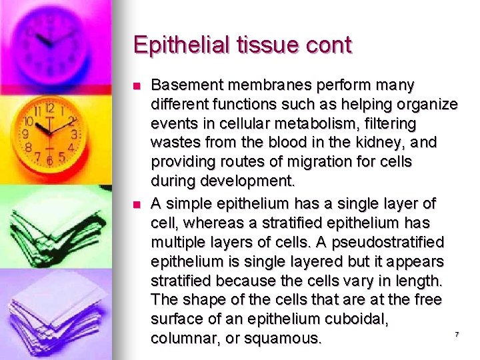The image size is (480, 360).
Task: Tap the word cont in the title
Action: (327, 45)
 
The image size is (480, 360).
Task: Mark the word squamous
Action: (283, 339)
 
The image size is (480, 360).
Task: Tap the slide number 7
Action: (457, 334)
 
